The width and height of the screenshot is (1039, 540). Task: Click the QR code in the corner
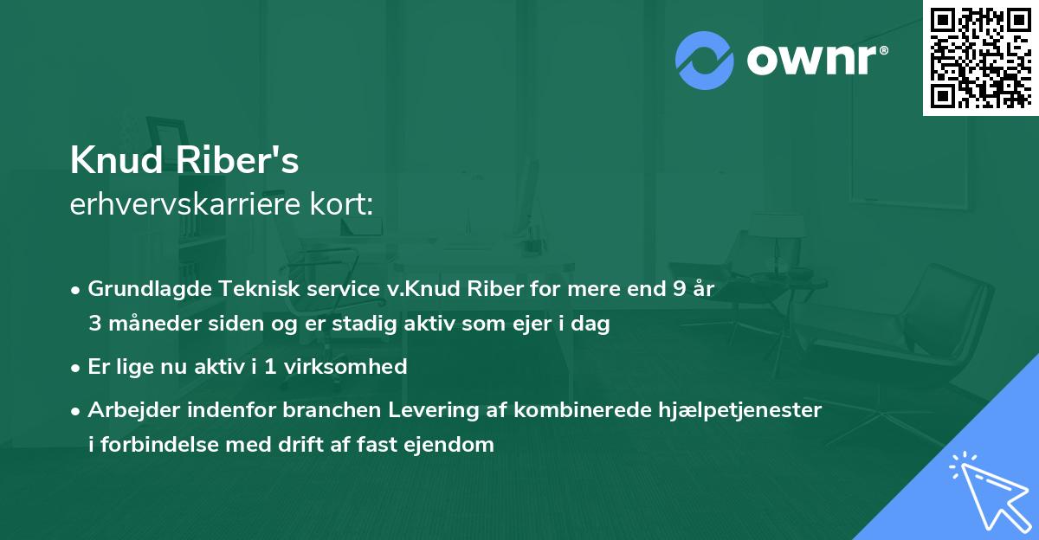981,58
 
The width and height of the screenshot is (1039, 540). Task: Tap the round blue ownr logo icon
704,60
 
